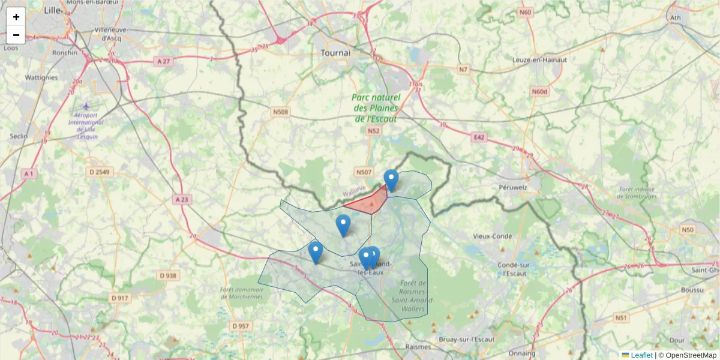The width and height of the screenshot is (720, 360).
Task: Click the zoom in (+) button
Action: point(16,17)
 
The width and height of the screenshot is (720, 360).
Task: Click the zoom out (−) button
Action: point(16,35)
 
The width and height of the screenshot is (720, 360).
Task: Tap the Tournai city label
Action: point(335,53)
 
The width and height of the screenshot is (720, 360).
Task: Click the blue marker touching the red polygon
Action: point(391,180)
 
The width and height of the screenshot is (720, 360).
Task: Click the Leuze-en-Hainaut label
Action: point(539,59)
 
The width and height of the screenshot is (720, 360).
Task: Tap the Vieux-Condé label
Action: point(493,236)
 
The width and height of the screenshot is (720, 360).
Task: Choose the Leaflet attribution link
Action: point(641,355)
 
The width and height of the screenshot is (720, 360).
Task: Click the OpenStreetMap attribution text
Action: point(691,355)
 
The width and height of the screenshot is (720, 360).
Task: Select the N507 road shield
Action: point(364,172)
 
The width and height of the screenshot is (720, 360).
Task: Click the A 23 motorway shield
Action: point(182,199)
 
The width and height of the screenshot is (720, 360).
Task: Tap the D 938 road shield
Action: point(169,275)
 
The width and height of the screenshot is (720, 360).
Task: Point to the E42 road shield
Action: point(478,137)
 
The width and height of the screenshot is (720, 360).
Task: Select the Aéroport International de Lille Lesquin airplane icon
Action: point(86,106)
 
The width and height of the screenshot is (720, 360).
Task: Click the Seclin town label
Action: point(19,136)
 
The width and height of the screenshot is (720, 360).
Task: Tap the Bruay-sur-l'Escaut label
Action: point(467,339)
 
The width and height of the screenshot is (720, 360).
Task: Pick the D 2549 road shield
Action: point(99,172)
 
